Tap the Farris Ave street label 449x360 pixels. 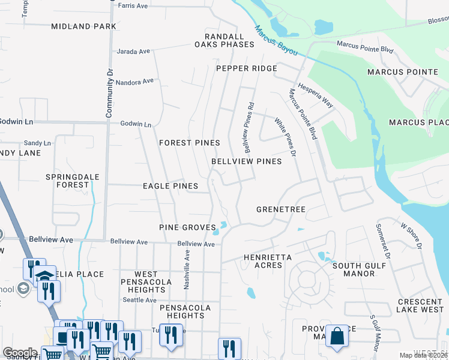click(x=133, y=6)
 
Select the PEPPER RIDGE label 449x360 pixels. click(x=246, y=68)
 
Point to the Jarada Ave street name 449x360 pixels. click(x=133, y=52)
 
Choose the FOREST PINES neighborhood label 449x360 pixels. click(x=189, y=143)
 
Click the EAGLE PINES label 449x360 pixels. click(x=170, y=186)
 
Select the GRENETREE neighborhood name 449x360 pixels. click(x=281, y=209)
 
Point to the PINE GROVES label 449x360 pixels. click(x=187, y=227)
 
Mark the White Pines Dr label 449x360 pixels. click(x=286, y=137)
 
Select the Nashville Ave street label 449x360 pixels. click(x=187, y=270)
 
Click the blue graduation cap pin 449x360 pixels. click(x=44, y=276)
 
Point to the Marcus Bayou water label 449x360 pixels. click(x=276, y=41)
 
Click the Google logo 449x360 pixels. click(x=20, y=353)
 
